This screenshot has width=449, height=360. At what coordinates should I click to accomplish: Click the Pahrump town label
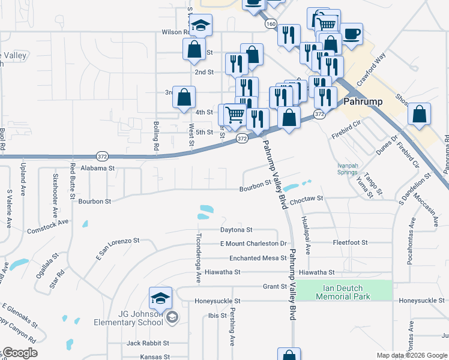[363, 101]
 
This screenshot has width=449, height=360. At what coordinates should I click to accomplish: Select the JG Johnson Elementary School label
[128, 318]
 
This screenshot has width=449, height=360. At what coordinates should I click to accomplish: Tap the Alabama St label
[97, 169]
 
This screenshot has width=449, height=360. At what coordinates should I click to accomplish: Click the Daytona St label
[236, 230]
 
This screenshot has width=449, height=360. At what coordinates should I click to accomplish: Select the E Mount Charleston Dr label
[253, 244]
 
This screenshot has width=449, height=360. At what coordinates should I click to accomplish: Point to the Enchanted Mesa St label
[258, 258]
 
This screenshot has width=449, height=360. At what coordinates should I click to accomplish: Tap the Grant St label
[275, 287]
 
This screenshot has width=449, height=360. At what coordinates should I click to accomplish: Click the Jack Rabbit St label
[148, 343]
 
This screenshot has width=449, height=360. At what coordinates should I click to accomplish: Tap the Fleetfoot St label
[351, 243]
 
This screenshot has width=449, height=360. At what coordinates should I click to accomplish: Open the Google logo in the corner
[19, 353]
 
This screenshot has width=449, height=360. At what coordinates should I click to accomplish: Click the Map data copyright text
[412, 355]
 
